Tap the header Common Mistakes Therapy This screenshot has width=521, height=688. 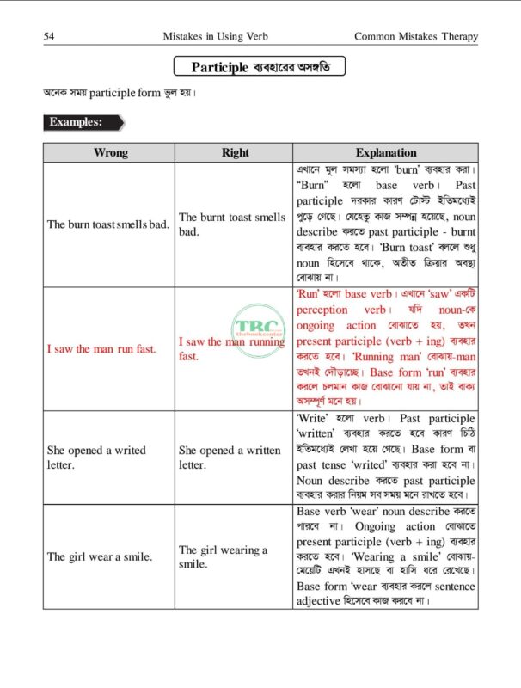[415, 36]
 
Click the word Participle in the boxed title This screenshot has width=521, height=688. [220, 67]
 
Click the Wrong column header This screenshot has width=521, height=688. [110, 152]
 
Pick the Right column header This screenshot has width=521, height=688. [235, 152]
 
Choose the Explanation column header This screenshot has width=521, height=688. [385, 152]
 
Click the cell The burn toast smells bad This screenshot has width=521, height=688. [108, 224]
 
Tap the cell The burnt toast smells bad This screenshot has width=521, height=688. [232, 224]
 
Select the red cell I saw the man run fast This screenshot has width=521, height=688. [101, 349]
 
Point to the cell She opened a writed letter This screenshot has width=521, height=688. [96, 458]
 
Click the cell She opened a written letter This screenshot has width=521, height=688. [230, 458]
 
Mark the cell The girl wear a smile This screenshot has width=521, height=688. [100, 556]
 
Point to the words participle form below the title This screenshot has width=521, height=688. [125, 93]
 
